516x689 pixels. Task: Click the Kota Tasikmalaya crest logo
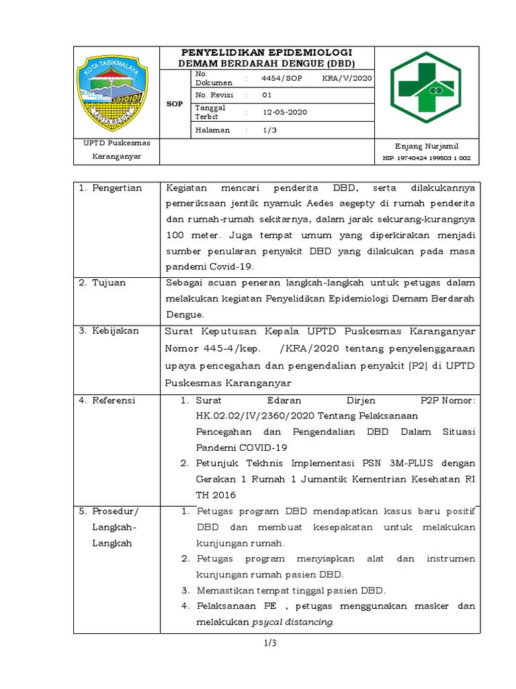point(116,92)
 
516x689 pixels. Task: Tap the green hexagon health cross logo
point(427,87)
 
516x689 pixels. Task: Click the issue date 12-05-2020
point(285,112)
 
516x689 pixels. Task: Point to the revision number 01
point(267,95)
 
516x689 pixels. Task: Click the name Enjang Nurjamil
point(427,146)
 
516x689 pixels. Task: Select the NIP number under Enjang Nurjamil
point(427,159)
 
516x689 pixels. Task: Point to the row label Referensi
point(114,400)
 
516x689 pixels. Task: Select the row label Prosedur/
point(115,512)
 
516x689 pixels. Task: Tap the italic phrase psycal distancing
point(292,622)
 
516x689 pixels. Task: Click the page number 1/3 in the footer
point(270,643)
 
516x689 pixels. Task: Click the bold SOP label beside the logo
point(175,104)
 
